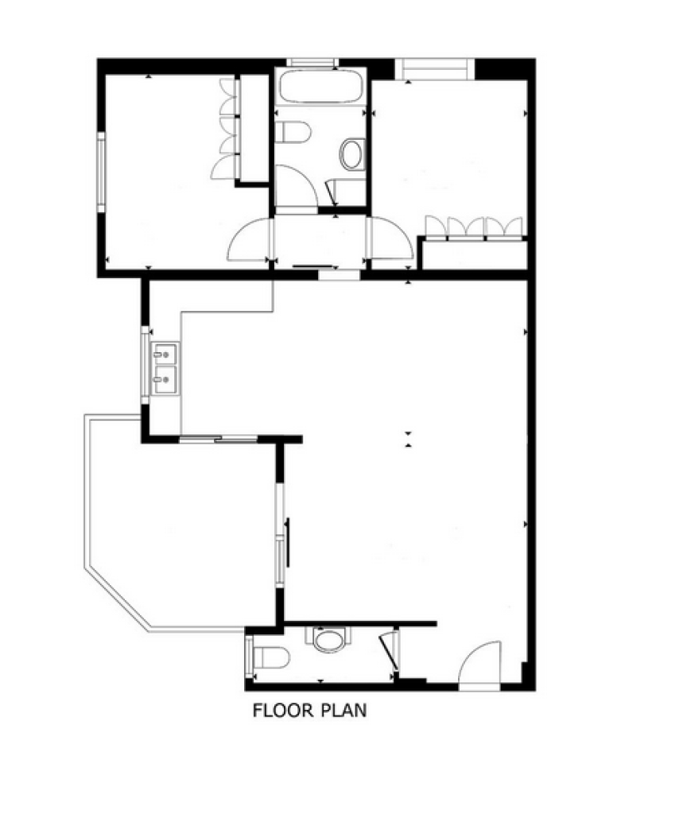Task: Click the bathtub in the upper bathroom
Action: (x=320, y=86)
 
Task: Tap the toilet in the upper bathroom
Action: (x=293, y=133)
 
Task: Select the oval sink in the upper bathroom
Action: (x=352, y=154)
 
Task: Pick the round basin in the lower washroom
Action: (x=328, y=640)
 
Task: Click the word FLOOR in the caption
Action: (x=283, y=710)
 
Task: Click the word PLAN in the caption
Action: (x=343, y=710)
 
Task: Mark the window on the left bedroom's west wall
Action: (x=101, y=172)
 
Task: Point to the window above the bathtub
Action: (x=312, y=63)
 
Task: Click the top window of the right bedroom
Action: (x=435, y=69)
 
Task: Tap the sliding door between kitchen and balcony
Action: (x=219, y=439)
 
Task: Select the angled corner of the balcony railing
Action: (x=117, y=599)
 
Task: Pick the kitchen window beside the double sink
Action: (x=145, y=365)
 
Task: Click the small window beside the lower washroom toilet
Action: (x=250, y=657)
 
